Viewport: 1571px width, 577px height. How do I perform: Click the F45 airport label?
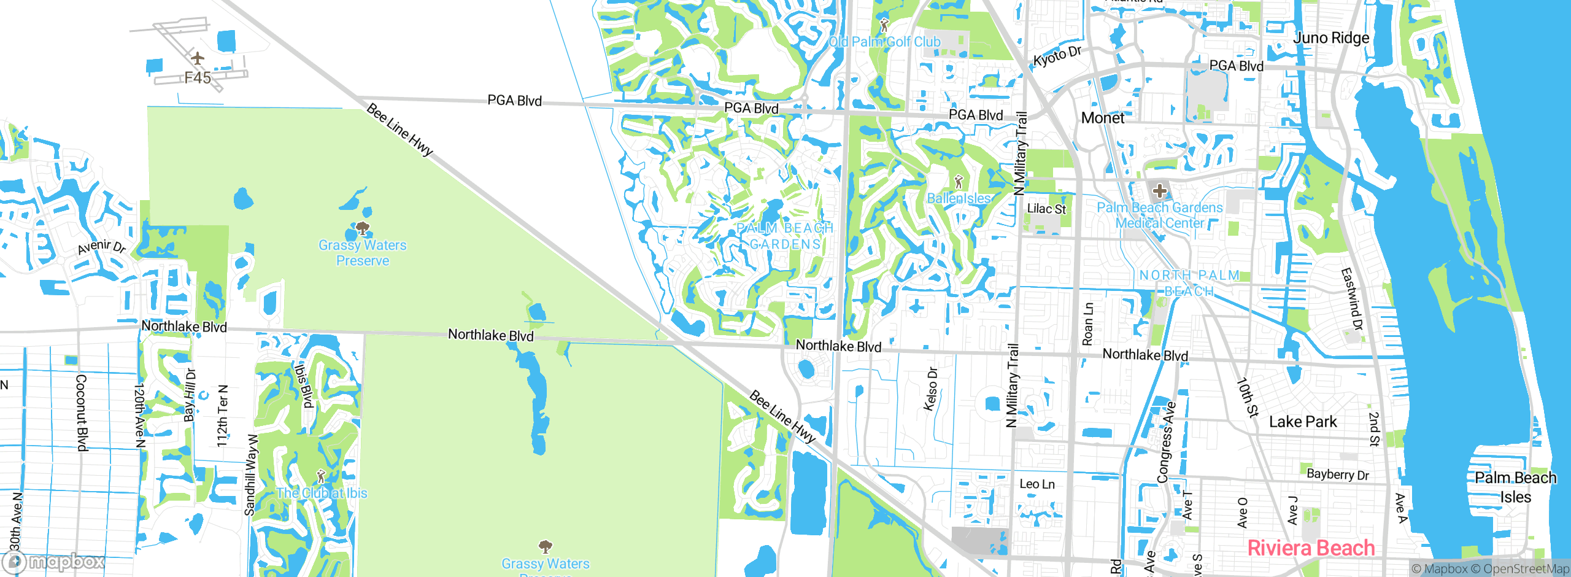point(198,78)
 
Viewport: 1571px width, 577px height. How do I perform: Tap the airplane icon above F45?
point(197,58)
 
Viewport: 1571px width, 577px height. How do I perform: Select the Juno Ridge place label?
point(1331,38)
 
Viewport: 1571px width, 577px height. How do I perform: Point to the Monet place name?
point(1103,118)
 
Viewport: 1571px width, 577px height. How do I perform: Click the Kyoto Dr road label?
point(1057,56)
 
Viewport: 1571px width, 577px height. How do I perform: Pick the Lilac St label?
point(1046,209)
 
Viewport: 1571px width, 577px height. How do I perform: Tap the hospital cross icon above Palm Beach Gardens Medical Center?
point(1159,191)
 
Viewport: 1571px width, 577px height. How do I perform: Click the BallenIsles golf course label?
point(959,198)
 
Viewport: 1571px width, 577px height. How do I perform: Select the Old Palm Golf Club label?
point(884,42)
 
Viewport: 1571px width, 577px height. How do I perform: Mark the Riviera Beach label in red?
point(1311,548)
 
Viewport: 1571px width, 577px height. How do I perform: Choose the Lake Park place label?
point(1302,422)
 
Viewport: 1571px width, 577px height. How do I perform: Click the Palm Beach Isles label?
point(1515,487)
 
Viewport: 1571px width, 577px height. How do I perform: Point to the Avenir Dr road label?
point(101,247)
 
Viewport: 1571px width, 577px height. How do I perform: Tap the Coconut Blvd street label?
point(81,412)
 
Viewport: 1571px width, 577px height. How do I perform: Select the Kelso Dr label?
point(931,389)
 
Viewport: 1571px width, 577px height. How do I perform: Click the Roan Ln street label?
point(1087,323)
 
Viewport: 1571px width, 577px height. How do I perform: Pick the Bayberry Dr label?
point(1338,474)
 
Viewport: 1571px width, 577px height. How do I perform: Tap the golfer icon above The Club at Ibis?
point(320,476)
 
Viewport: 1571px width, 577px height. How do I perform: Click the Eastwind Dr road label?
point(1351,299)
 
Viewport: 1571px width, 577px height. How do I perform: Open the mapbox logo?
point(53,562)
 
